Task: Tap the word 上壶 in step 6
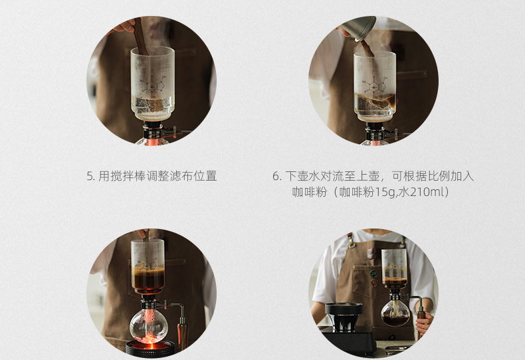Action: click(x=367, y=176)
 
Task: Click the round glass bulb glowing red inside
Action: click(x=149, y=325)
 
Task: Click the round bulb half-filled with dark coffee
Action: click(x=395, y=313)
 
